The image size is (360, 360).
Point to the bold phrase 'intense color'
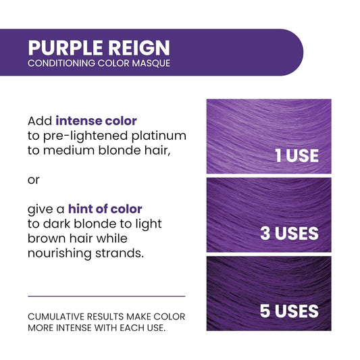[96, 121]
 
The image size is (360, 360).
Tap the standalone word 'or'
[34, 180]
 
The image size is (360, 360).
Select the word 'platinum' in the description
[159, 136]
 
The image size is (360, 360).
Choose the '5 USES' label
[289, 311]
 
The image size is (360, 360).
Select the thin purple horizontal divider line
[106, 296]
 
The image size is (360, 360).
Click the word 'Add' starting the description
[40, 121]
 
